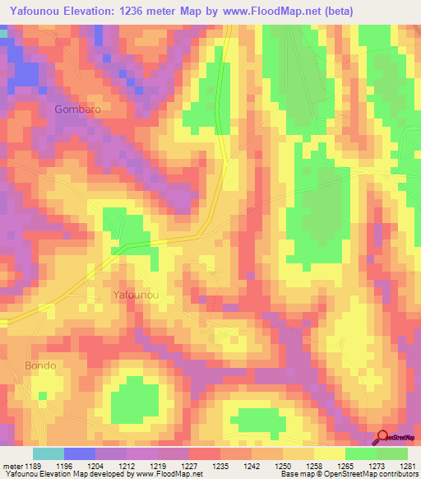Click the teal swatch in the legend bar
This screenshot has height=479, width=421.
coord(49,453)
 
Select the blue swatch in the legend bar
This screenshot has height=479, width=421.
coord(80,453)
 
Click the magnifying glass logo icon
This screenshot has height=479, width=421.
coord(383,438)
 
